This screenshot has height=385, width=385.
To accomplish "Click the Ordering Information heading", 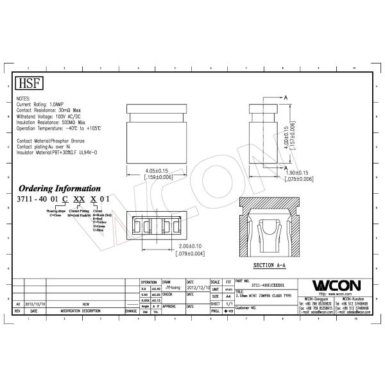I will point(58,189).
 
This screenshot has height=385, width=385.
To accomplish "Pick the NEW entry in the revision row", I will point(85,305).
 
